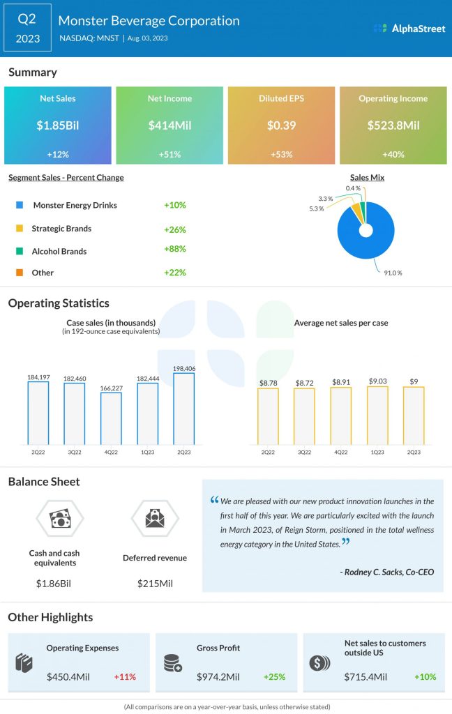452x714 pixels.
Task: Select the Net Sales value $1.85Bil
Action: (57, 126)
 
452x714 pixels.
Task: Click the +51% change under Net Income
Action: (169, 153)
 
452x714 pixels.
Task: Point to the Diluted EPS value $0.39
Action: (281, 126)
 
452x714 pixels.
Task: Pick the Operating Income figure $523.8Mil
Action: (393, 126)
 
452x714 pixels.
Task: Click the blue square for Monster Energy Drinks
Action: (18, 206)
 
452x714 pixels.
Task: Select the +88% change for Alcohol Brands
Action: (174, 249)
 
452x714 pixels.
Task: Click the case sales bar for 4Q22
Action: (111, 418)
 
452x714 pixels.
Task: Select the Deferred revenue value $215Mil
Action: (154, 582)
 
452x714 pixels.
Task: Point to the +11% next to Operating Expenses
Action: (125, 676)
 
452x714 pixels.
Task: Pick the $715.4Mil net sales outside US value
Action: (367, 676)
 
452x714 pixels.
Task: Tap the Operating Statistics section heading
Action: (59, 303)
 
